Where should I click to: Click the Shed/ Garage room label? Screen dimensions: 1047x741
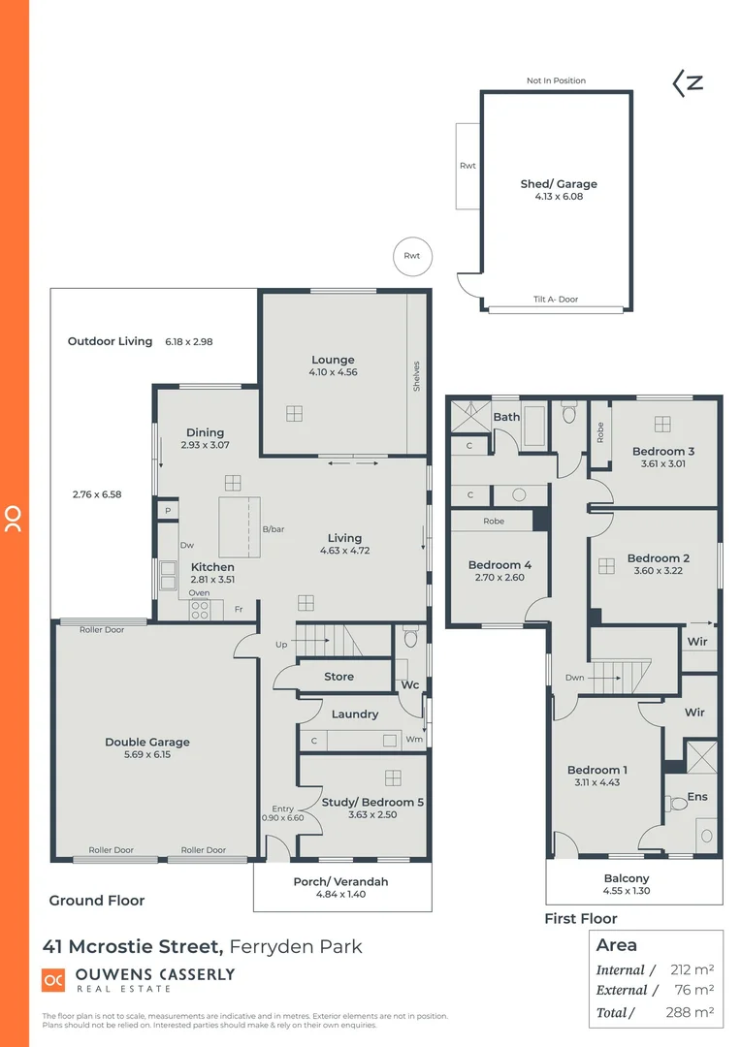559,183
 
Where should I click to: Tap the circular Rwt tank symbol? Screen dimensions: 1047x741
412,256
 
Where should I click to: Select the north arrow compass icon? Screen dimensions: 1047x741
688,83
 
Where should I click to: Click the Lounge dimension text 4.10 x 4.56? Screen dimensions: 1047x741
333,372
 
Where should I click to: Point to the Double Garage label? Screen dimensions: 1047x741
147,742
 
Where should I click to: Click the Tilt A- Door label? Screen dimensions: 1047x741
555,300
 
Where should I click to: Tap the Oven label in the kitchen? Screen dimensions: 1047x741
199,593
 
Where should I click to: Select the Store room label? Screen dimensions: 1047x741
338,677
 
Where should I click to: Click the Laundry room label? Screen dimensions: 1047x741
354,714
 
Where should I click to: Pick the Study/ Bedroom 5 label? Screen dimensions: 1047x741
372,802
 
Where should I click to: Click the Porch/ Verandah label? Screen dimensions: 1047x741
340,881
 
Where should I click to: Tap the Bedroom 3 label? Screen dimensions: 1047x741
663,451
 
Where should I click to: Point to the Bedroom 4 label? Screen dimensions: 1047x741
499,565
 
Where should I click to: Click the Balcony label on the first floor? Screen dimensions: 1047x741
626,878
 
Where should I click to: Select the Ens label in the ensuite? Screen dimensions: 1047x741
696,797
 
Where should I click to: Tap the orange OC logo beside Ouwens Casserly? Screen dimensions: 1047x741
52,980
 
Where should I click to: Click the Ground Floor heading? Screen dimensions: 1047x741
97,901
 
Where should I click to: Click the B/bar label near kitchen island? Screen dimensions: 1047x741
273,529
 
